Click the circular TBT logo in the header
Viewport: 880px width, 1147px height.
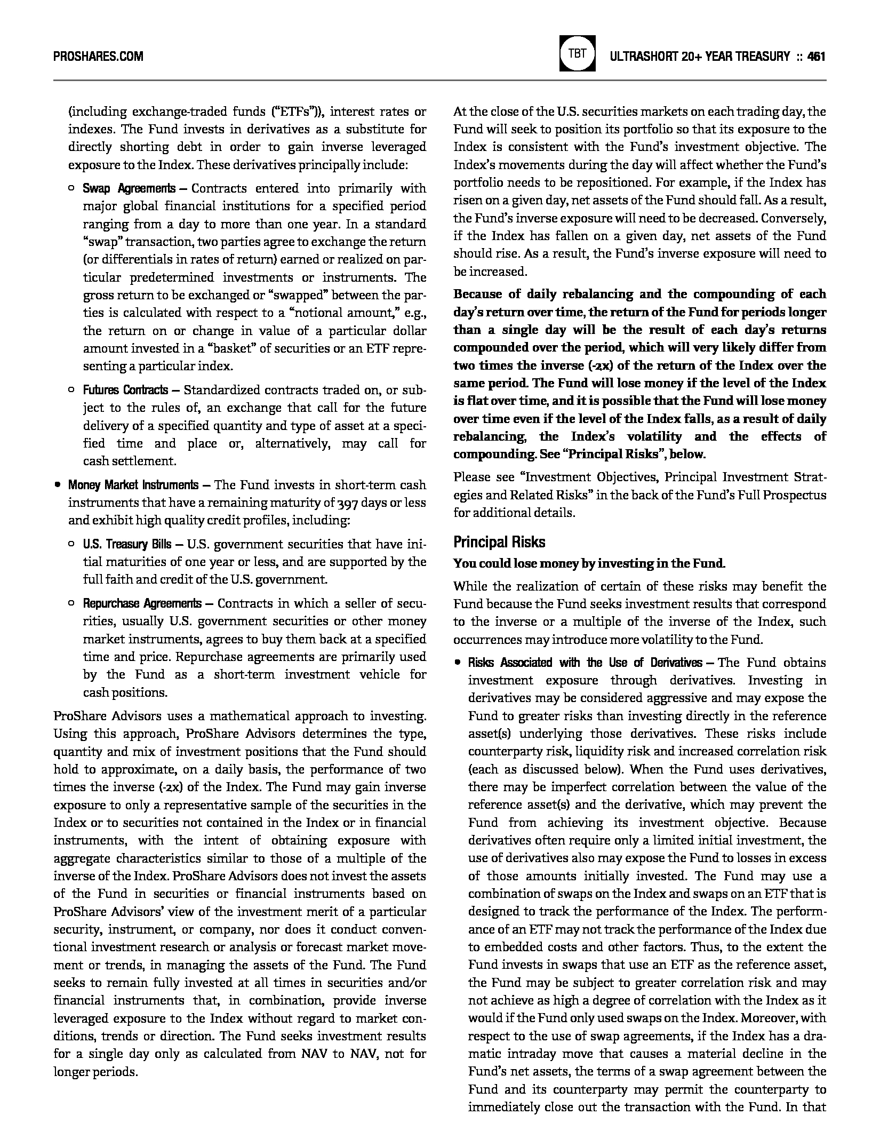pos(577,54)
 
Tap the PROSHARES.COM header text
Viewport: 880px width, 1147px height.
pos(98,56)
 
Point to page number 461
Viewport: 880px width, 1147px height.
pos(816,56)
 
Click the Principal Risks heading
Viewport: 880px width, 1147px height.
pos(499,542)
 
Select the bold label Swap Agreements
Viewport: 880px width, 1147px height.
pos(129,188)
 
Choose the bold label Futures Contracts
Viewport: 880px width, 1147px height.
pos(125,390)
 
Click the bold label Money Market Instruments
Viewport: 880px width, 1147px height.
pos(133,485)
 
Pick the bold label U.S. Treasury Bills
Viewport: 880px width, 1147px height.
pos(127,544)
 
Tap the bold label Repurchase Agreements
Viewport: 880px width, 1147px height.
pos(142,603)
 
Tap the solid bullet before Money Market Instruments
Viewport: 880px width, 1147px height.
pos(57,485)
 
